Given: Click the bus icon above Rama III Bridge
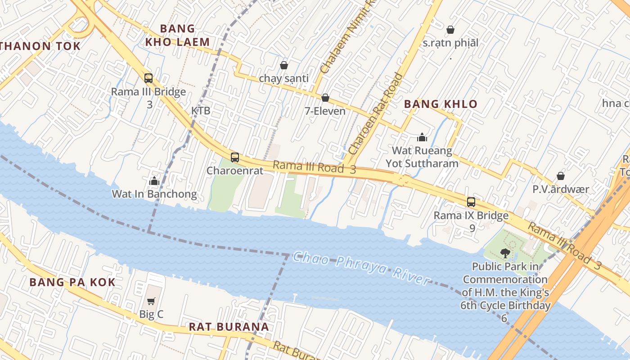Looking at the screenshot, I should (x=148, y=78).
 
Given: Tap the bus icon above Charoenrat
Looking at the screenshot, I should (x=235, y=157).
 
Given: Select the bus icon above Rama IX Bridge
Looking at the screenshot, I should (x=471, y=202).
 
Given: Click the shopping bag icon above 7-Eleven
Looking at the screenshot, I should (x=325, y=98).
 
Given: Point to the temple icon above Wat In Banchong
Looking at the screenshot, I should (x=154, y=181).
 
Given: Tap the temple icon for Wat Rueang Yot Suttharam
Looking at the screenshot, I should (x=422, y=137).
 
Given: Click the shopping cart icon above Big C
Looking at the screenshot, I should (x=151, y=301).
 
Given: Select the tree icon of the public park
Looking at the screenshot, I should (x=505, y=253).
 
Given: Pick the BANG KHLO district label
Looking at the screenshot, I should (x=441, y=104).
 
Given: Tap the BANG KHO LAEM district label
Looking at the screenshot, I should (x=178, y=36).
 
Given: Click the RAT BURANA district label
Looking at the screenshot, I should (x=229, y=327).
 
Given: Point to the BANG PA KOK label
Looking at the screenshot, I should (x=72, y=282).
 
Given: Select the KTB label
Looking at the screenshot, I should (x=201, y=111).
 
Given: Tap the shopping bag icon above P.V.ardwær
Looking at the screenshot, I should (x=561, y=176).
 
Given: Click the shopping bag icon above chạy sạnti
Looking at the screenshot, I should (x=284, y=65).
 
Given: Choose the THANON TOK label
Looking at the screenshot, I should (x=40, y=46).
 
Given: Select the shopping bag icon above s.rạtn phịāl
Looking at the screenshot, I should (x=450, y=30).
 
